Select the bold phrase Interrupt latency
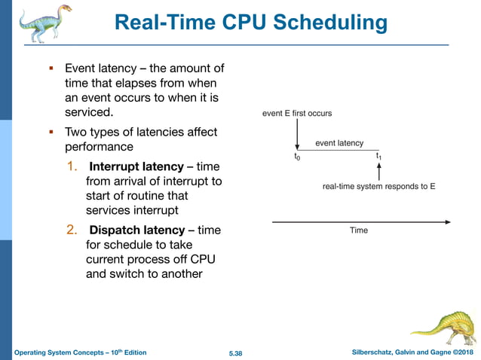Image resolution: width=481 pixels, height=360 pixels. [x=136, y=166]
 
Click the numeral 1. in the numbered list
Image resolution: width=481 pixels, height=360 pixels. [x=74, y=166]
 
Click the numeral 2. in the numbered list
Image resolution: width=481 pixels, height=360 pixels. [x=74, y=230]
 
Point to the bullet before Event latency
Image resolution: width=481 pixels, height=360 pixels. [x=51, y=69]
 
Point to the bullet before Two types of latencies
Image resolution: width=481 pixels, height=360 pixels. [x=51, y=132]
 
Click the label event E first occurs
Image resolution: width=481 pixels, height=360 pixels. [x=296, y=114]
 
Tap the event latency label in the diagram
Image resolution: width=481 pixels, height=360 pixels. [x=339, y=142]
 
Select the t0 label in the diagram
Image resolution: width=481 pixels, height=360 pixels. [x=297, y=157]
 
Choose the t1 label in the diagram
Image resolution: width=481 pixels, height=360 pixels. [x=379, y=157]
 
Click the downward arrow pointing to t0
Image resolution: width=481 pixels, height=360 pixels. [x=298, y=135]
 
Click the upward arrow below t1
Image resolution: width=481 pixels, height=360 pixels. [x=378, y=172]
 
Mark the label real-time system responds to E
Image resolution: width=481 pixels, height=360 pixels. [x=378, y=185]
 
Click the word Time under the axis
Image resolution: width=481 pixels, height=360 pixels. [x=359, y=230]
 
